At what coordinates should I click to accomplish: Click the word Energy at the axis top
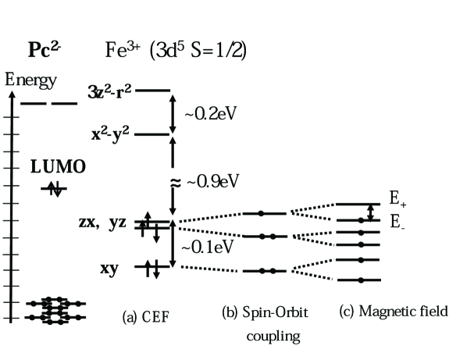click(31, 80)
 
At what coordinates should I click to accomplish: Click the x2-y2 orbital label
click(111, 134)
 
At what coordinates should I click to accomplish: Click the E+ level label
click(398, 199)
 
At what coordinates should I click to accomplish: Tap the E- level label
click(397, 221)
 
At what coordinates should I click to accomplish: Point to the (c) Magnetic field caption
click(394, 312)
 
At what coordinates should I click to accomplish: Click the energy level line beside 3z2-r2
click(152, 91)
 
